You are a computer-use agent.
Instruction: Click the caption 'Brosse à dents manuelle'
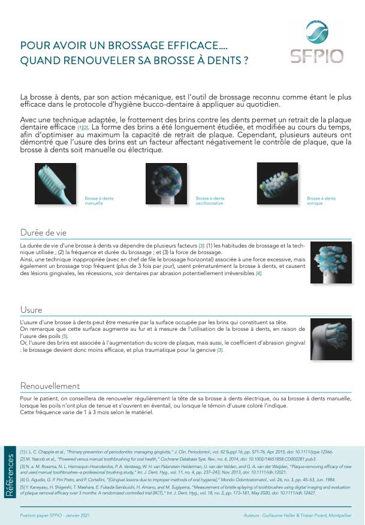[x=99, y=201]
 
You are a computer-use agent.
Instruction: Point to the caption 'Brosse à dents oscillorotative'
[x=210, y=201]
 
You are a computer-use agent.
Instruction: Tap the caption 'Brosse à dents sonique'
[x=321, y=201]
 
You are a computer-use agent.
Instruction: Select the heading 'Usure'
[x=31, y=309]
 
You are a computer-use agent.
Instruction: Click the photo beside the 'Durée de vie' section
[x=330, y=262]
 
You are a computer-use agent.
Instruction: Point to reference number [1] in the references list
[x=22, y=451]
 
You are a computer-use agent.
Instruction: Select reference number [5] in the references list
[x=22, y=488]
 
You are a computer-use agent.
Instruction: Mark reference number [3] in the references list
[x=22, y=466]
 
